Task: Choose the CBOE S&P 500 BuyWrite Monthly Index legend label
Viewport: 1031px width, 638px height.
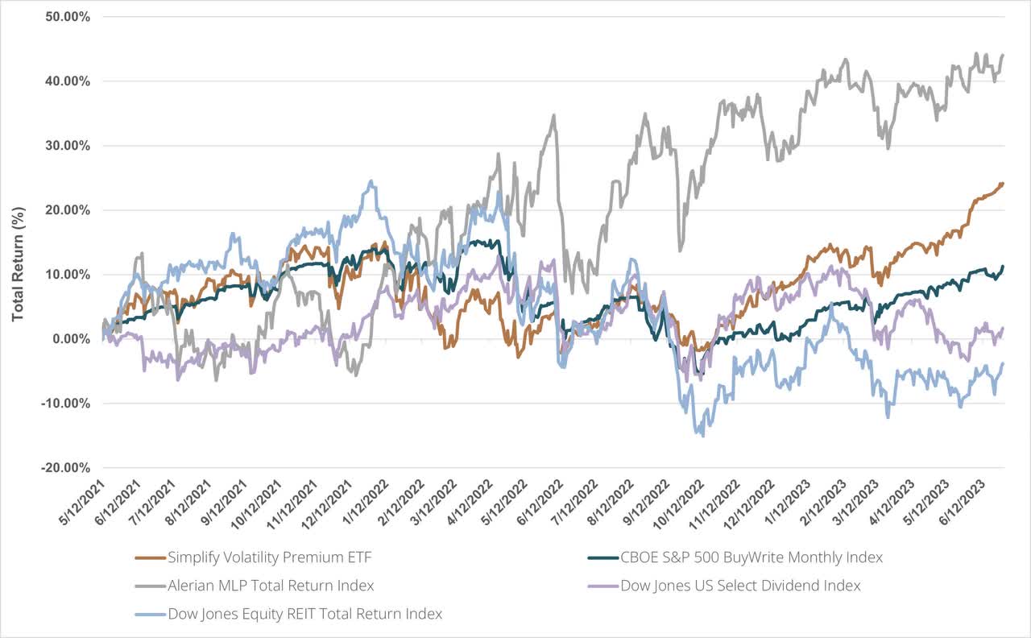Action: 752,557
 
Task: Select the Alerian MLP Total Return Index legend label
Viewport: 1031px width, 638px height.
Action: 271,586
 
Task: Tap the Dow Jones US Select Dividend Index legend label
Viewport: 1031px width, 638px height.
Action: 740,586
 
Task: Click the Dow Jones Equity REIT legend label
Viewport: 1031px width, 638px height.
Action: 304,614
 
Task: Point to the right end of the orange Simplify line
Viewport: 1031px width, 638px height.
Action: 1003,183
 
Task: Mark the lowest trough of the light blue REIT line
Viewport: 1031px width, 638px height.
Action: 703,436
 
